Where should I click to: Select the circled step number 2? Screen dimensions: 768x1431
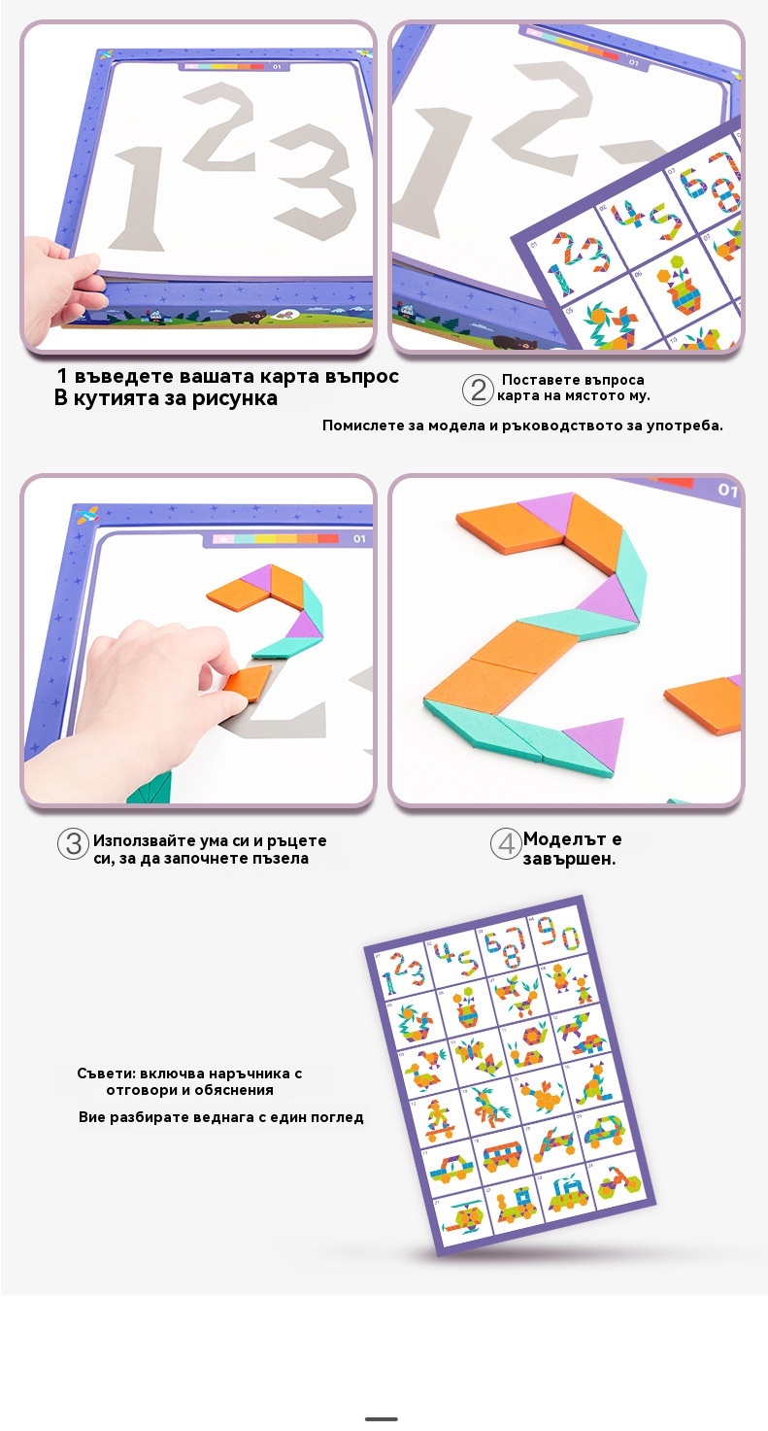click(478, 390)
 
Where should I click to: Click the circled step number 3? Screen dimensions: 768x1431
click(73, 844)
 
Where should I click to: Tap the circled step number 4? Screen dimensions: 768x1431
click(506, 844)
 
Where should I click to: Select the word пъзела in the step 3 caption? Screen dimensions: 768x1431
click(283, 859)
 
